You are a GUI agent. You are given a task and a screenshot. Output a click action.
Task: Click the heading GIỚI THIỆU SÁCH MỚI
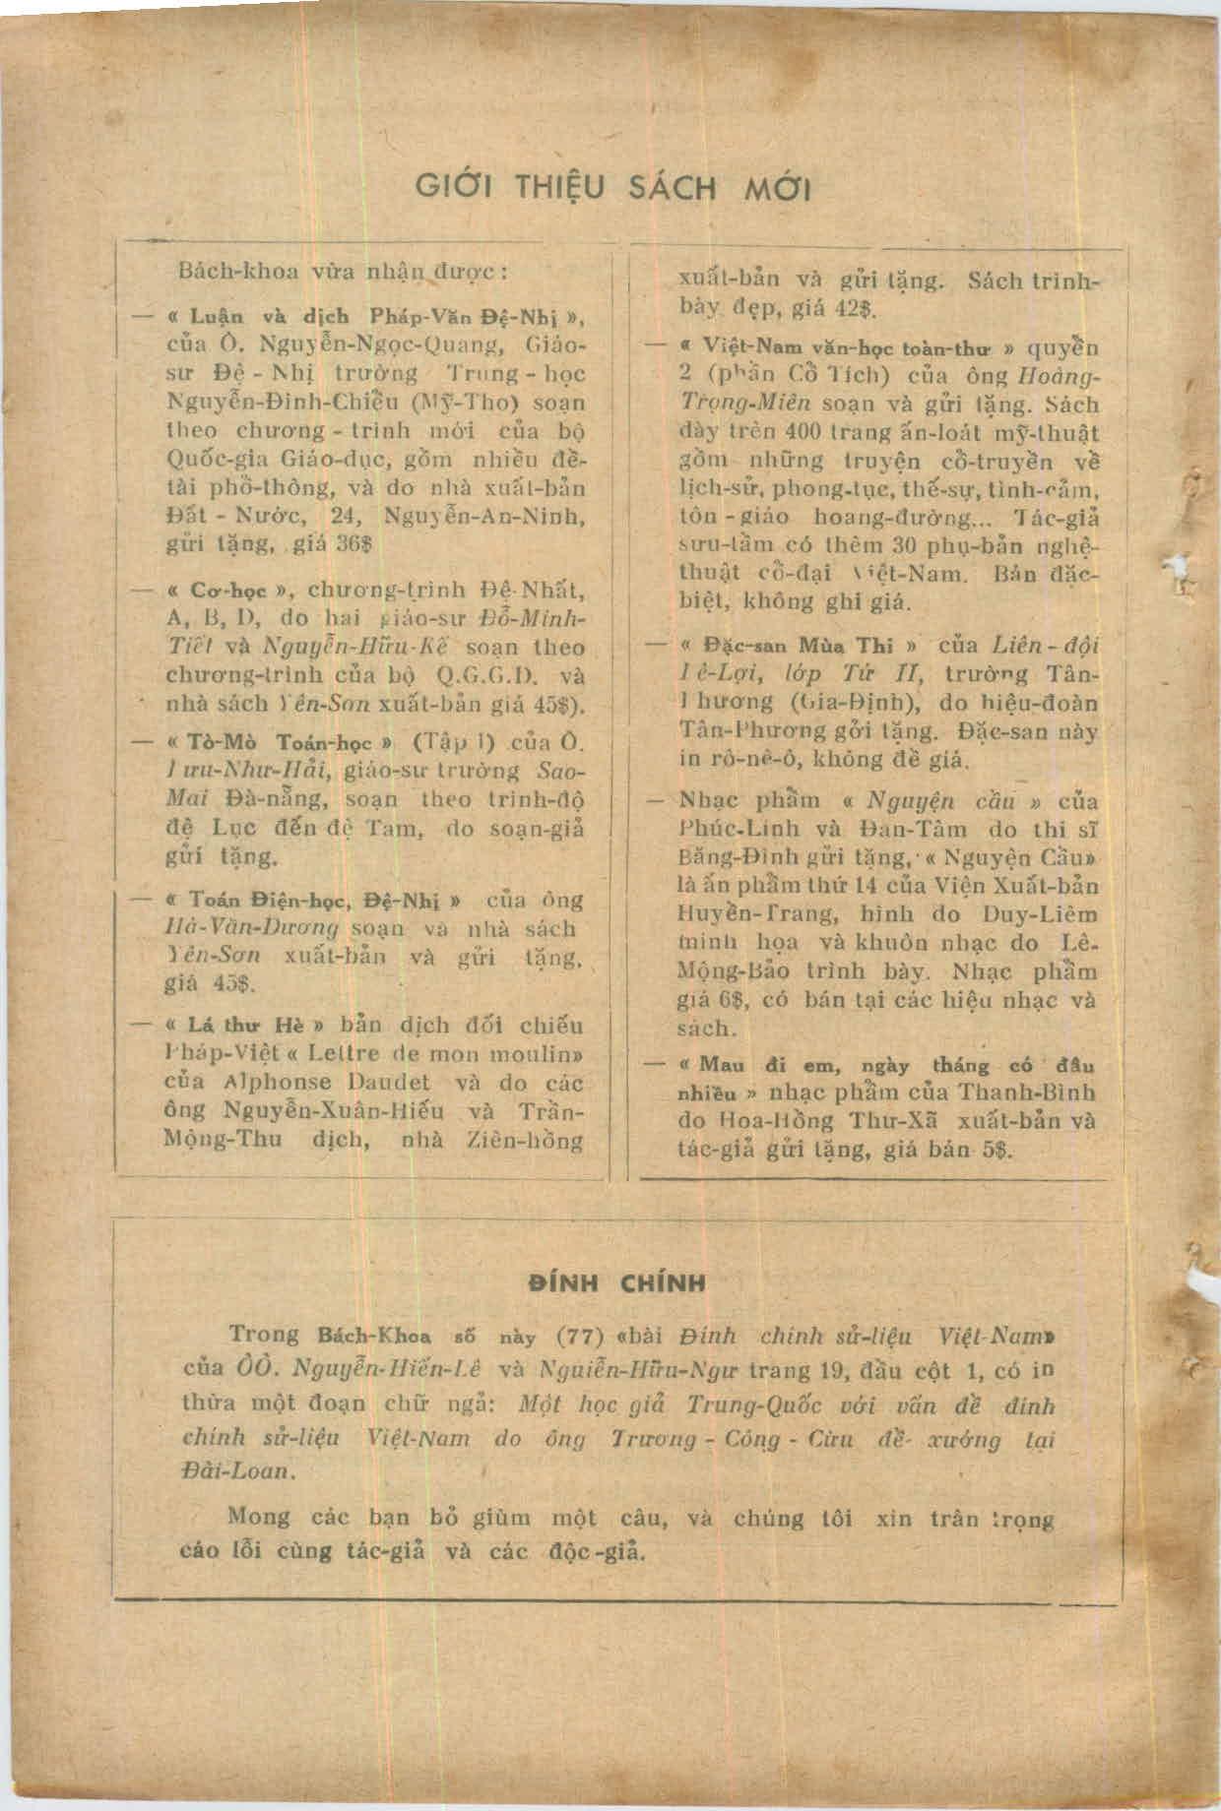click(612, 187)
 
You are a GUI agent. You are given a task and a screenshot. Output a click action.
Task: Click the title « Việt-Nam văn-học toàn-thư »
click(847, 347)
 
